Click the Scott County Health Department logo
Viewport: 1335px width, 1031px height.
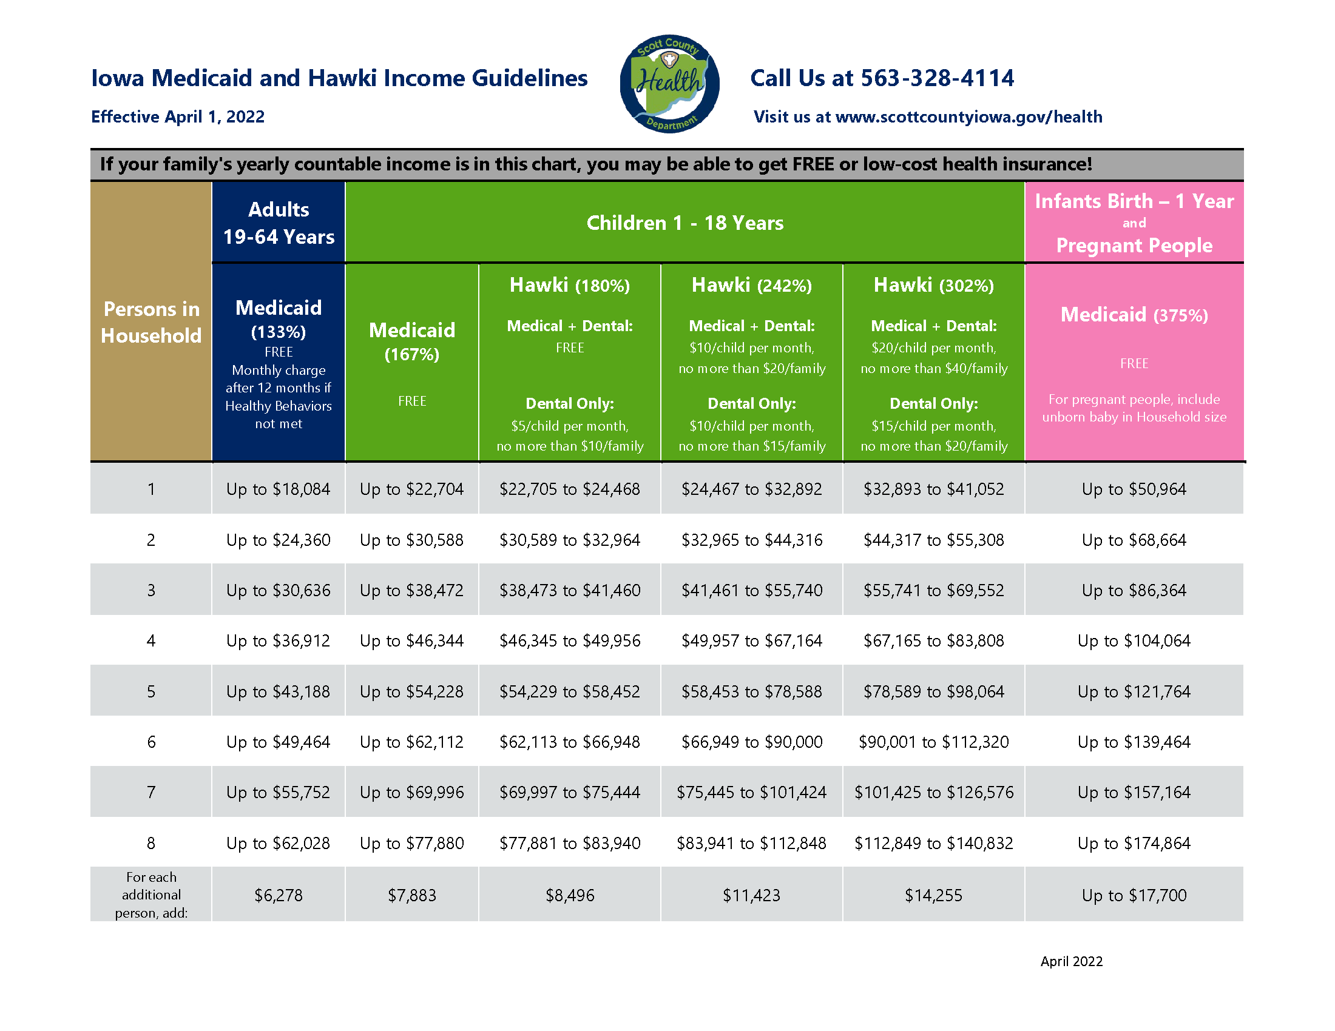(669, 84)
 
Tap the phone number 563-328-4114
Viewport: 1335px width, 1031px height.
(937, 78)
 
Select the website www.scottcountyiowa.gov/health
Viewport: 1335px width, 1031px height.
(969, 116)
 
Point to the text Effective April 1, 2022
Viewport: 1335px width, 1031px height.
(178, 116)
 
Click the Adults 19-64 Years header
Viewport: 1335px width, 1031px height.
(279, 223)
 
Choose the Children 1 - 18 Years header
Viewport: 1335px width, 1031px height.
(684, 223)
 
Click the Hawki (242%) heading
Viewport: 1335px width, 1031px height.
(752, 285)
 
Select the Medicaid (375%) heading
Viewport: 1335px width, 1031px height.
(1134, 315)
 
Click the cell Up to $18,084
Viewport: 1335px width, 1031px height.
(278, 489)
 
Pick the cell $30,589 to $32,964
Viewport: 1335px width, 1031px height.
(570, 540)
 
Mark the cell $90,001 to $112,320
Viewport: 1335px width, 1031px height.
(933, 742)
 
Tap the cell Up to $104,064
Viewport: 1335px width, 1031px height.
(1134, 640)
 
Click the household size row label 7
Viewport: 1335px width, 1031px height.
(151, 792)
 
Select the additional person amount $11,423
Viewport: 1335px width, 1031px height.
(752, 895)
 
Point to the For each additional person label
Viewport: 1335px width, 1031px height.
(151, 895)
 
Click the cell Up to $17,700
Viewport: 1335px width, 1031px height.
(1134, 895)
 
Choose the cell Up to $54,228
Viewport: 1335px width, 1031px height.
(412, 691)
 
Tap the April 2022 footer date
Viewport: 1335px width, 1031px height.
(1072, 961)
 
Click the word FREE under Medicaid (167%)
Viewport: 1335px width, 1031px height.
(412, 401)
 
